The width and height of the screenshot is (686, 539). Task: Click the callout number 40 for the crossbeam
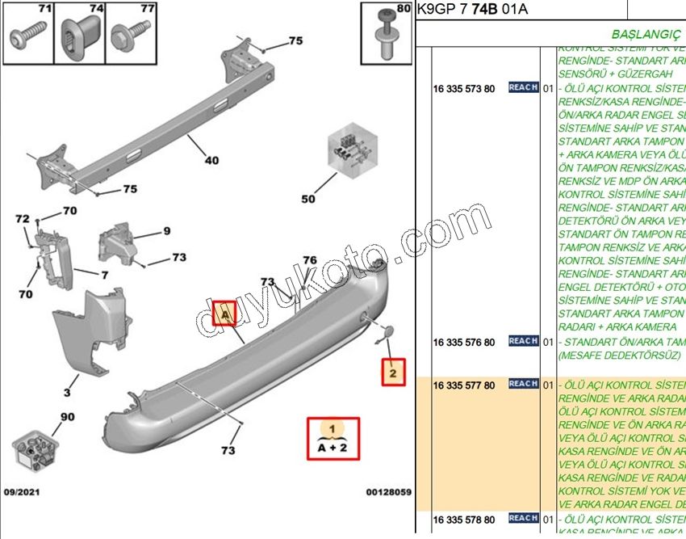tap(211, 160)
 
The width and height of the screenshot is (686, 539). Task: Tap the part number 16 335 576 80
tap(464, 342)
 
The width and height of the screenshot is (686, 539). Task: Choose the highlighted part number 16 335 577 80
tap(464, 385)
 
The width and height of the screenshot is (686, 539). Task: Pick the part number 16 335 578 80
tap(464, 519)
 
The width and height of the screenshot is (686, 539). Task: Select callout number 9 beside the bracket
tap(167, 231)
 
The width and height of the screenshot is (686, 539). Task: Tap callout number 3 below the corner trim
tap(67, 393)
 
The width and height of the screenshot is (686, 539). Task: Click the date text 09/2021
tap(23, 491)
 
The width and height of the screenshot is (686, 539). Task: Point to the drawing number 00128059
tap(388, 491)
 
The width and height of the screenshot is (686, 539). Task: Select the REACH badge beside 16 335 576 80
tap(523, 342)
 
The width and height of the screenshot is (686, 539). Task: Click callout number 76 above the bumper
tap(310, 260)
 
